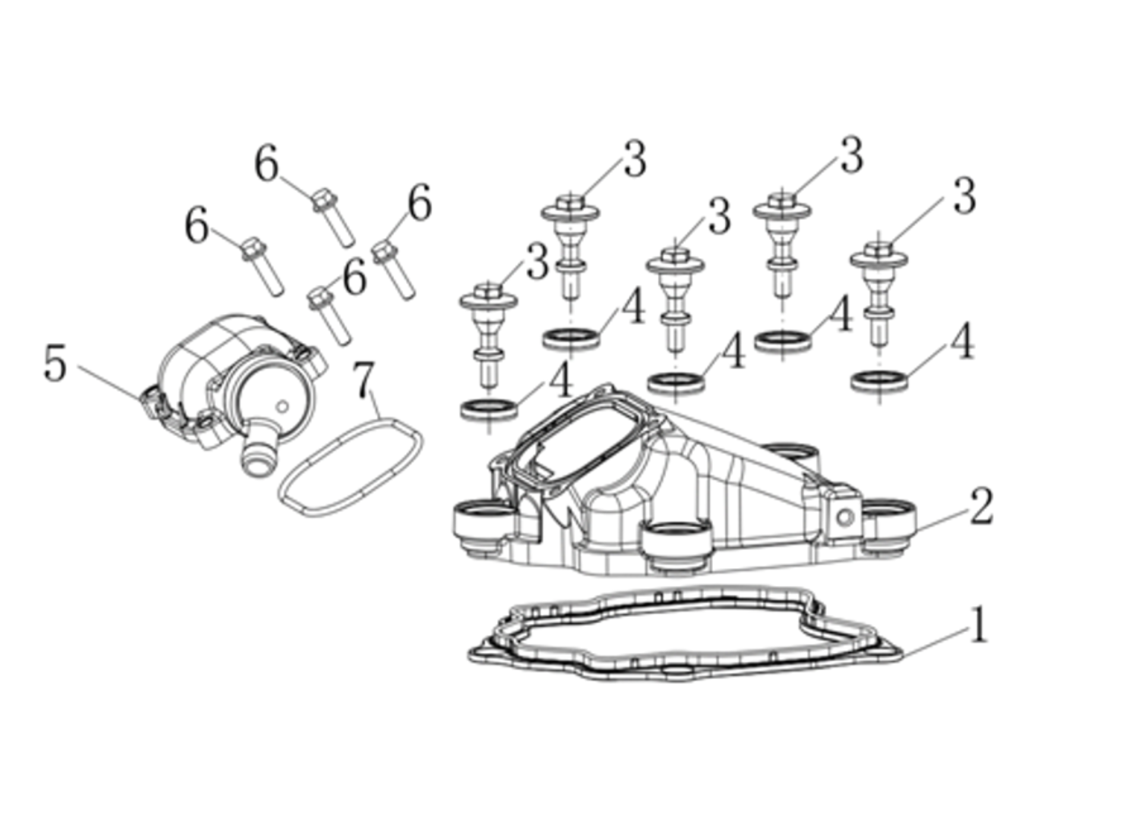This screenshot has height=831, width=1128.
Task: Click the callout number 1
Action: [978, 624]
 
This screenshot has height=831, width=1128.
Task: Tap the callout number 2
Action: [981, 506]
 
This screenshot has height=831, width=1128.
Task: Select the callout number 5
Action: [55, 364]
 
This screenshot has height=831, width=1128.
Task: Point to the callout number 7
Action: [363, 379]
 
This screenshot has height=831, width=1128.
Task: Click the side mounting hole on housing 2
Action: [845, 518]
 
